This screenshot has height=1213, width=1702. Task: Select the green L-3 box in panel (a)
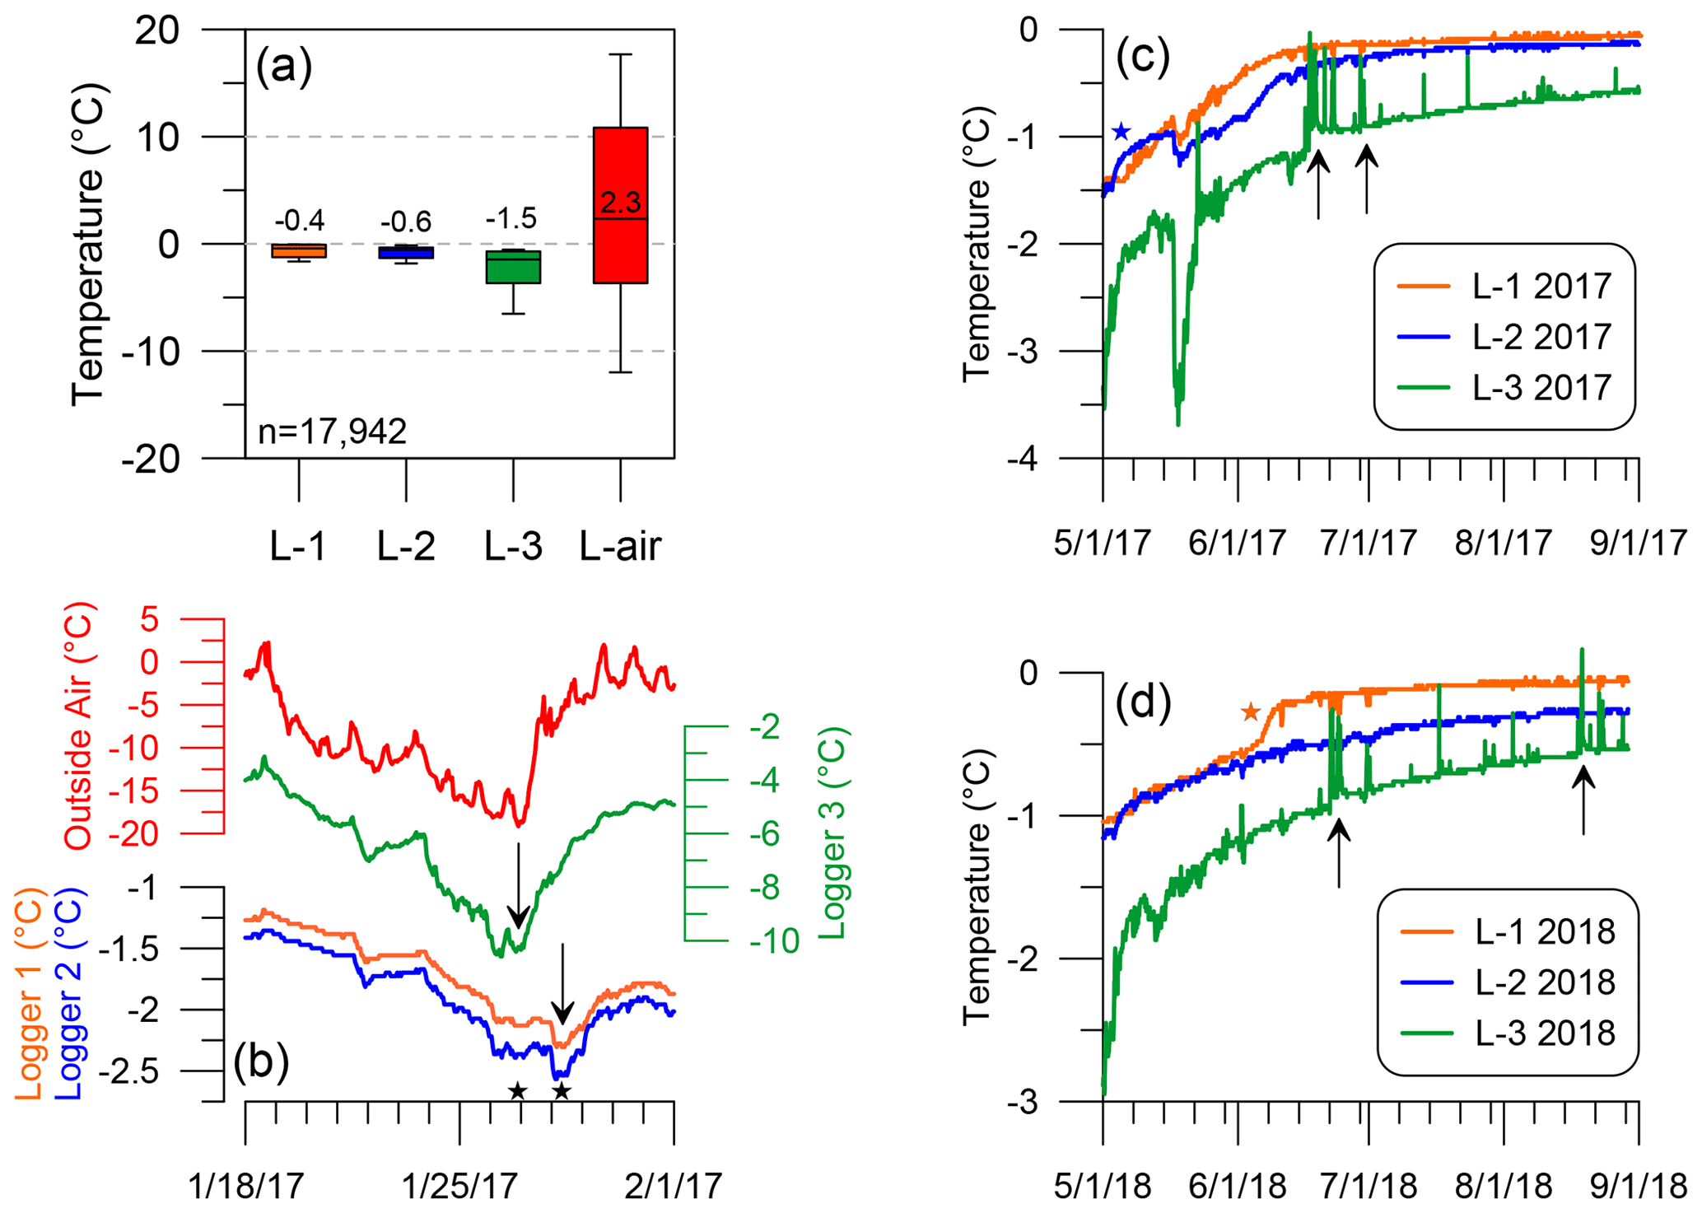pyautogui.click(x=513, y=267)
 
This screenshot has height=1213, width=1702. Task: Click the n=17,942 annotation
pyautogui.click(x=333, y=432)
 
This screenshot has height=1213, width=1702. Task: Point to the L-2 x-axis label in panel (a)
pyautogui.click(x=405, y=546)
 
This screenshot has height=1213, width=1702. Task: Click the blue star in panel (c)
pyautogui.click(x=1121, y=132)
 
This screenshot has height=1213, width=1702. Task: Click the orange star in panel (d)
pyautogui.click(x=1251, y=711)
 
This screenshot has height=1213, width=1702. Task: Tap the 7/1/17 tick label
pyautogui.click(x=1369, y=544)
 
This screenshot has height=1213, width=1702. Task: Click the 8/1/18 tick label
pyautogui.click(x=1504, y=1187)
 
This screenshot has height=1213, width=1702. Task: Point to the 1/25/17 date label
pyautogui.click(x=459, y=1187)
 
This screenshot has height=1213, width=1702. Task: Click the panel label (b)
pyautogui.click(x=261, y=1062)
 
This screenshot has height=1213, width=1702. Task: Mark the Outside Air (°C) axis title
pyautogui.click(x=80, y=726)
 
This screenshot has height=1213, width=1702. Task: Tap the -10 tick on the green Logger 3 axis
pyautogui.click(x=774, y=940)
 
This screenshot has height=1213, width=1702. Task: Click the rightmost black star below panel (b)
pyautogui.click(x=562, y=1092)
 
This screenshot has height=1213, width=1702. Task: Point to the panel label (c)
pyautogui.click(x=1142, y=58)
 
